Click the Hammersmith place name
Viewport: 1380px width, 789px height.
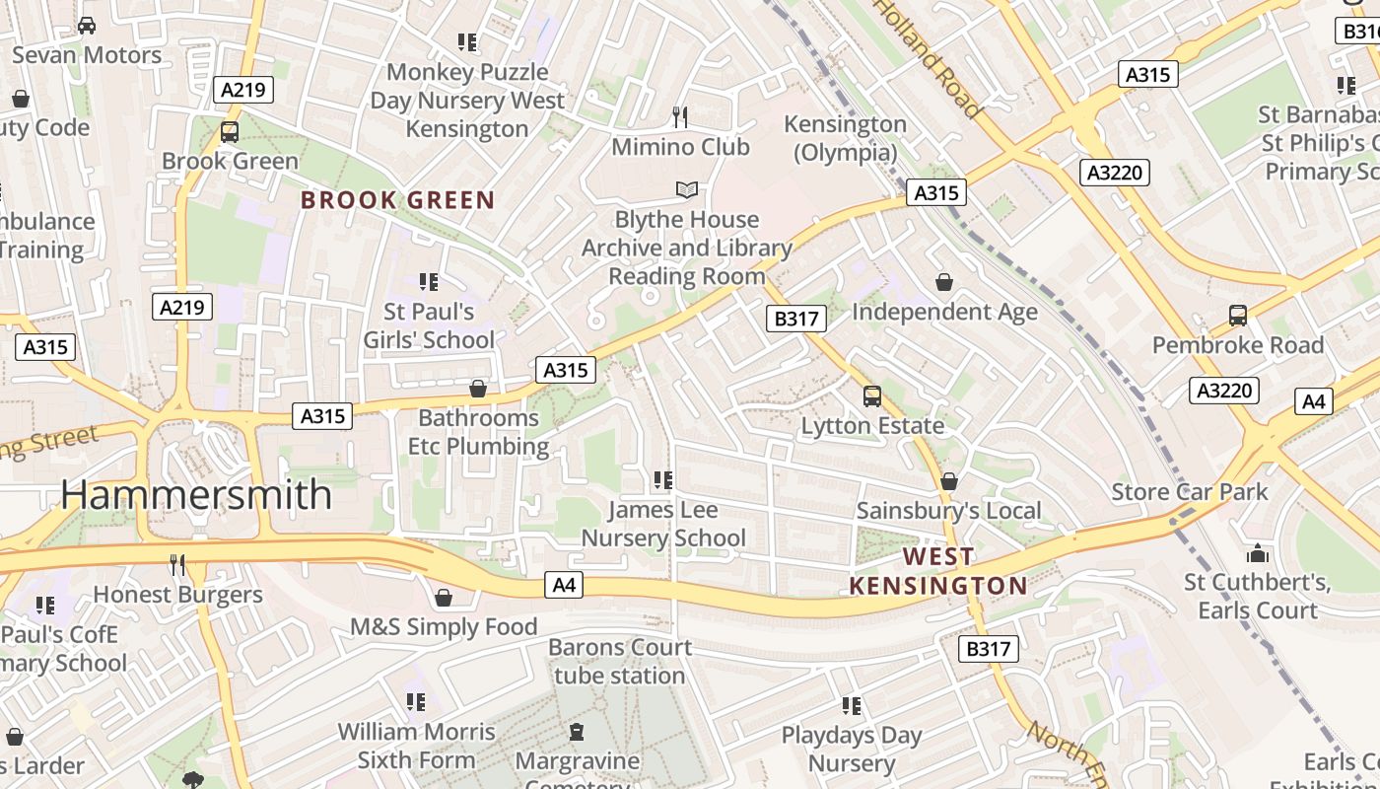196,494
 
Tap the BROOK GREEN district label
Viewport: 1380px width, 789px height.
397,200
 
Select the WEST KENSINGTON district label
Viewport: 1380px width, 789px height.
937,571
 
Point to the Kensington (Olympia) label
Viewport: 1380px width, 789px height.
845,138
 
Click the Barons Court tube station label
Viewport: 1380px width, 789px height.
620,662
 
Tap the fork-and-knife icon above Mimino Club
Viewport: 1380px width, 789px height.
680,117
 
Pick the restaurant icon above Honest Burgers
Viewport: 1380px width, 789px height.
177,565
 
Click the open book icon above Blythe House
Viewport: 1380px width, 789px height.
686,189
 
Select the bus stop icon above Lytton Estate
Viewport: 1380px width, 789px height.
872,396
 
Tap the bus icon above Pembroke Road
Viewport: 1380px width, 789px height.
1238,316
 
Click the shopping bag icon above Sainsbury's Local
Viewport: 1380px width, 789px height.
948,481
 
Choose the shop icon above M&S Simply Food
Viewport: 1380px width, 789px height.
444,598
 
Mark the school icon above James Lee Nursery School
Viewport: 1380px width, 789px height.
663,480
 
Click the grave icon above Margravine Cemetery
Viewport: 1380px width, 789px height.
577,732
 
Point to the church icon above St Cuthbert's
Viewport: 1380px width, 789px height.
1258,553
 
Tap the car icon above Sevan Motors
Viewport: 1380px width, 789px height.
87,26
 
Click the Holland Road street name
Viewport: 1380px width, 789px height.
928,58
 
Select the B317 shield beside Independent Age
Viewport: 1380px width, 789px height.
795,319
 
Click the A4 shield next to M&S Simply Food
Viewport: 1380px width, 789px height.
563,586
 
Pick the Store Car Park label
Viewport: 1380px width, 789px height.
1190,491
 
